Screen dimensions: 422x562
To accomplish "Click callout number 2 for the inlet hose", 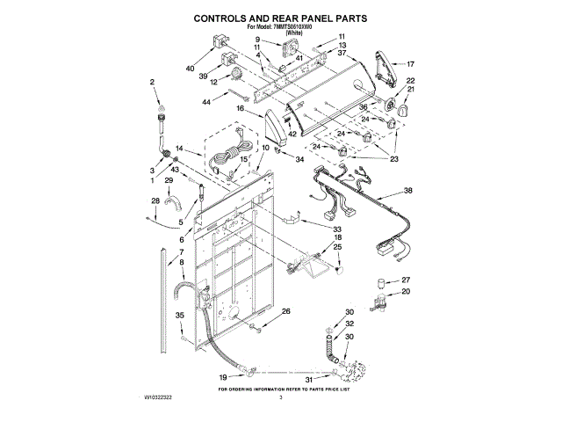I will click(152, 82).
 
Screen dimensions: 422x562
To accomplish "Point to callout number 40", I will click(190, 69).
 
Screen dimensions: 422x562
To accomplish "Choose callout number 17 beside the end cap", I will click(409, 64).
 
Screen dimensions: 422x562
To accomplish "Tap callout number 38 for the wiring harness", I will click(407, 191).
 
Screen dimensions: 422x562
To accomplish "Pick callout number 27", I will click(405, 280).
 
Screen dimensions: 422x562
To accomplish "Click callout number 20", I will click(405, 292).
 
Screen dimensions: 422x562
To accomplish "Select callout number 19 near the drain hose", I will click(222, 377).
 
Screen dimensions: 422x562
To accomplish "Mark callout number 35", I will click(179, 315).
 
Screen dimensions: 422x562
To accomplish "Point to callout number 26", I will click(285, 311).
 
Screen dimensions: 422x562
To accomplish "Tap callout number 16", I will click(238, 107).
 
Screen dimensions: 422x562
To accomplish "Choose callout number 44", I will click(206, 103).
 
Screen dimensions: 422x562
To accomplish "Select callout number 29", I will click(169, 180).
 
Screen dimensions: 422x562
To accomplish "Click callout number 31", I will click(309, 379).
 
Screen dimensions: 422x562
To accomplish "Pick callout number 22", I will click(409, 82).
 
